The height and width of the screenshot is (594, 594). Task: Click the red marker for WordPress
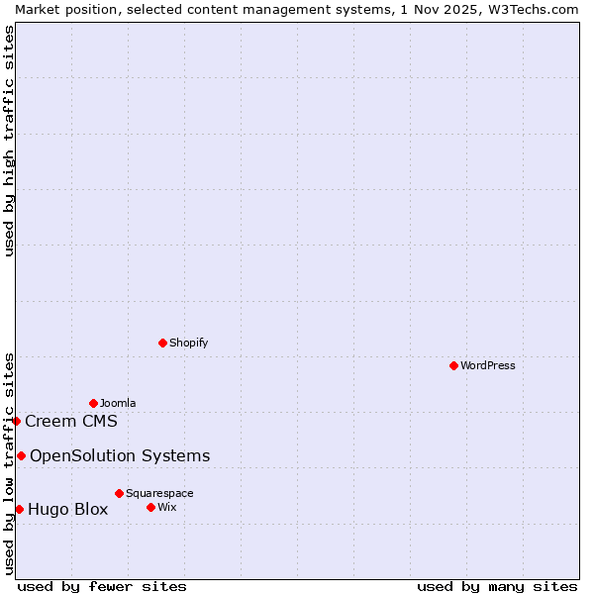453,365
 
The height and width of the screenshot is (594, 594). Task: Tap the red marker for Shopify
162,343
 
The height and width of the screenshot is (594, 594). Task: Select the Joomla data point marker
93,403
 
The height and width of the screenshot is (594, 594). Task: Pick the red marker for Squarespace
119,493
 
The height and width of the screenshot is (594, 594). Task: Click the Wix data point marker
150,507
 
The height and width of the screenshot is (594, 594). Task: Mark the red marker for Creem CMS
16,421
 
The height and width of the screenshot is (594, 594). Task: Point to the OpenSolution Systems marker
21,455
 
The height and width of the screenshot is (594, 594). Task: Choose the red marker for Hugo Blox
19,509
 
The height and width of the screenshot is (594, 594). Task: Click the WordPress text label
488,365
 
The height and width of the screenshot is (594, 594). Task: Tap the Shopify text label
189,343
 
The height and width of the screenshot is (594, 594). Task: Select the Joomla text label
118,403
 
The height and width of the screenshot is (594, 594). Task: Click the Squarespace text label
159,493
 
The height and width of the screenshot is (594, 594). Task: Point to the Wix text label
166,507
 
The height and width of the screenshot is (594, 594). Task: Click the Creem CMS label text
71,421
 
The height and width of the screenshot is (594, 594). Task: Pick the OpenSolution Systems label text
120,455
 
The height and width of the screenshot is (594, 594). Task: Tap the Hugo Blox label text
68,509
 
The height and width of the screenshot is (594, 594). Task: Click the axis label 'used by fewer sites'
102,586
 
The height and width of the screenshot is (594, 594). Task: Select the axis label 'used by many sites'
497,586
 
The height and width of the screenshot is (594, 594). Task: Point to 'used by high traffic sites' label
9,141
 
